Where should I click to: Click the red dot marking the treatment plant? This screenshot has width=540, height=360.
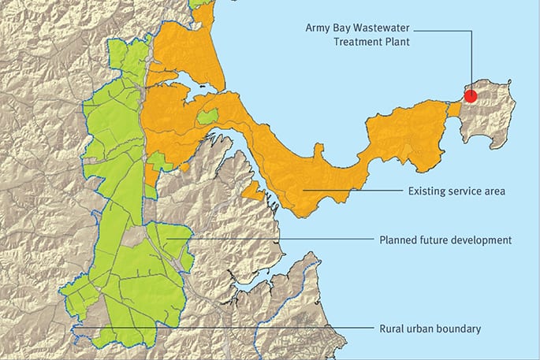tap(470, 96)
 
